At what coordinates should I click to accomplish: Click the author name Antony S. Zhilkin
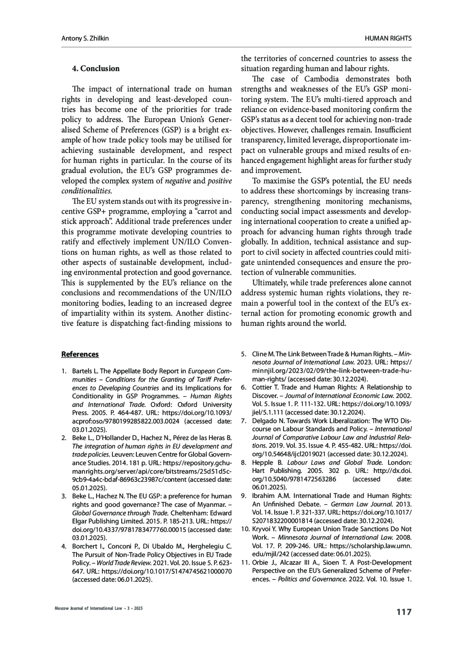(x=85, y=38)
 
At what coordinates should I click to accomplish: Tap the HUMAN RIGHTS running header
(x=388, y=38)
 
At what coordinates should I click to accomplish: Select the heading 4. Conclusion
(x=96, y=69)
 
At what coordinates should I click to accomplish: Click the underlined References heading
(x=80, y=354)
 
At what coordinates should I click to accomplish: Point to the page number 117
(x=404, y=612)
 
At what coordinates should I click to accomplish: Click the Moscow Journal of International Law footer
(x=99, y=608)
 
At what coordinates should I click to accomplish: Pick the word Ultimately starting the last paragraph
(x=272, y=283)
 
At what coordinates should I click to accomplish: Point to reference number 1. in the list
(x=64, y=371)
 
